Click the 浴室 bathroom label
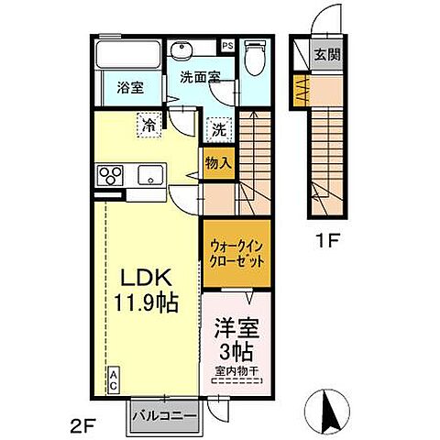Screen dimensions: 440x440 [130, 89]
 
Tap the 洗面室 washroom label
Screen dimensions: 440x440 [199, 78]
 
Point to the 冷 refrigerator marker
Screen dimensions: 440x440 [147, 123]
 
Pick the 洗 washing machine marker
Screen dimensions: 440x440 [219, 129]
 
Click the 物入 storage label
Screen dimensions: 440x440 [217, 164]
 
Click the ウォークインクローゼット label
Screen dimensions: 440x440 [236, 252]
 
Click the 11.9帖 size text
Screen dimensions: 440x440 [145, 302]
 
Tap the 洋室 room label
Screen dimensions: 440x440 [235, 327]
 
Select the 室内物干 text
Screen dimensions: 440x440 [236, 371]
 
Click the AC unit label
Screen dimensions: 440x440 [114, 380]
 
